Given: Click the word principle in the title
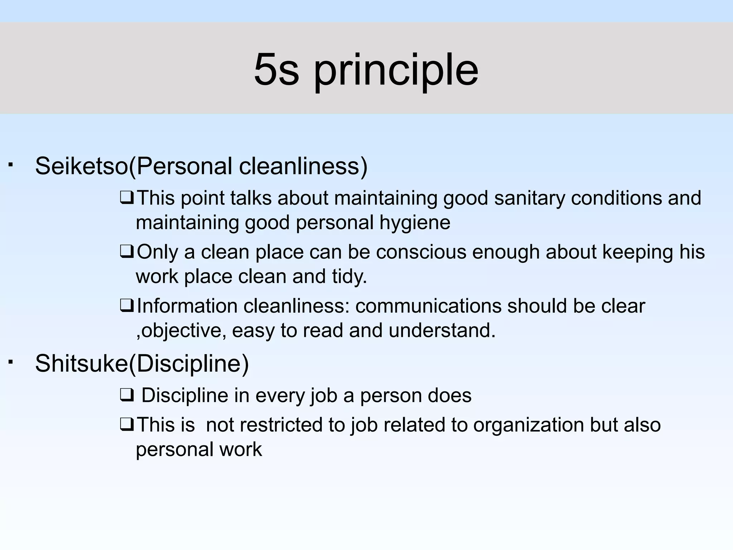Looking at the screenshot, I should click(x=396, y=71).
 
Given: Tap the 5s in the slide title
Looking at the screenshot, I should click(x=276, y=70).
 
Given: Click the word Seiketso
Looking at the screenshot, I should click(x=82, y=166).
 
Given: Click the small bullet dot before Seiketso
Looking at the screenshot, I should click(x=11, y=165).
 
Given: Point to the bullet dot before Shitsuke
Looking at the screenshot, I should click(x=11, y=362).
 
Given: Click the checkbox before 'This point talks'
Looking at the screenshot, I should click(x=127, y=198).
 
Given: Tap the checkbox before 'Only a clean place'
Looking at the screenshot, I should click(x=127, y=252).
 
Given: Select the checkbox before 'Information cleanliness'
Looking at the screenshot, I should click(x=127, y=306).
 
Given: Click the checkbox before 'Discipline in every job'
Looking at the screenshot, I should click(x=127, y=396).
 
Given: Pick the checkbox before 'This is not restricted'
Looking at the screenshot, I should click(x=127, y=425).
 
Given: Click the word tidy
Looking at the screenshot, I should click(x=349, y=277).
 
